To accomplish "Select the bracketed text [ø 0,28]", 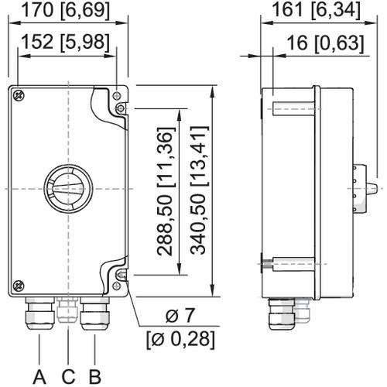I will [179, 339].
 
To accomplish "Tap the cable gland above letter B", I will [94, 312].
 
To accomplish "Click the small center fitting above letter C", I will [67, 308].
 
